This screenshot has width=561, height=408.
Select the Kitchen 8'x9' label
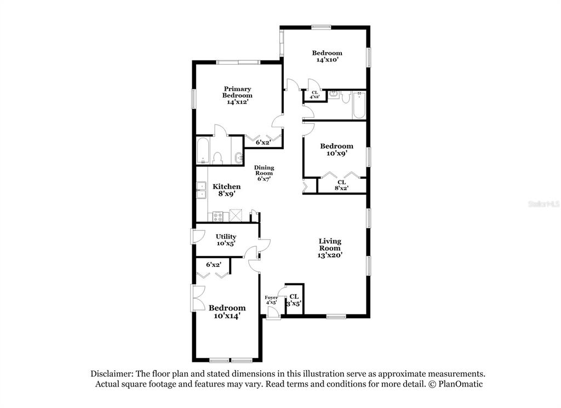(x=226, y=190)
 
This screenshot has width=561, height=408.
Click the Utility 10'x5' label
(x=226, y=240)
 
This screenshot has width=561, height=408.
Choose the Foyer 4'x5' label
(x=271, y=300)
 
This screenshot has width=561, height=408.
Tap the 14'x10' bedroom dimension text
(x=327, y=60)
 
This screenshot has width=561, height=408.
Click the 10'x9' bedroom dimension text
(x=337, y=154)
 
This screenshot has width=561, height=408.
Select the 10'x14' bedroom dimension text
(x=227, y=316)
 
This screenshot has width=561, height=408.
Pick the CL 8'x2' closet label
(x=342, y=185)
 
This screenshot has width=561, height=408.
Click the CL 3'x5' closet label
(x=294, y=300)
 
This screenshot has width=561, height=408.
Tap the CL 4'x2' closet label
(x=314, y=94)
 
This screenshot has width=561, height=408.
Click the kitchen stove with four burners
(x=218, y=216)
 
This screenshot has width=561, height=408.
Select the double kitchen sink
(x=201, y=190)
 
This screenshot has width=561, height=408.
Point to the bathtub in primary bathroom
(x=203, y=151)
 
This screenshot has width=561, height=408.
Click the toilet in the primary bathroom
(x=217, y=158)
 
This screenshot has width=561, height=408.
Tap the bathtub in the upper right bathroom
(x=358, y=105)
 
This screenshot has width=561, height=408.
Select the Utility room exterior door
(x=197, y=236)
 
